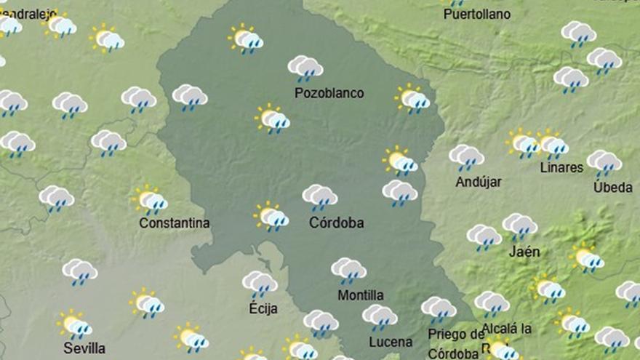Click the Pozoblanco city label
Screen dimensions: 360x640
point(329,93)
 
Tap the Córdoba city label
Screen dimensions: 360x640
point(336,223)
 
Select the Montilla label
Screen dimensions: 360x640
point(361,295)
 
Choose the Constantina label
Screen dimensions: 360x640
point(175,223)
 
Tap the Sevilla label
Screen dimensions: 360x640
point(84,348)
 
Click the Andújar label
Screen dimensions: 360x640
point(479,182)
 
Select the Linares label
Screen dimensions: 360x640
point(561,167)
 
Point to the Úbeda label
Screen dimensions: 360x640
point(612,187)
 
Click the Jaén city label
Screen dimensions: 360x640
point(524,252)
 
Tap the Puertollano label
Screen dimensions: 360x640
point(476,14)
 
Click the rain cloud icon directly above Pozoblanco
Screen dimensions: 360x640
point(305,68)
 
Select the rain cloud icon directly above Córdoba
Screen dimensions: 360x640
point(320,196)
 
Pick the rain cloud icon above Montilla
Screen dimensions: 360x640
point(349,271)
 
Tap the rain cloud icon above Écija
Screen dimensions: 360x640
point(260,284)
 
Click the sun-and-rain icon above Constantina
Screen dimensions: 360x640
point(150,200)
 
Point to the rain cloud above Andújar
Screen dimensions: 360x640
point(467,157)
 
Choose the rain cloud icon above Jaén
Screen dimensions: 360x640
point(520,225)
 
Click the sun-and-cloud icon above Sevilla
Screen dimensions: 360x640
point(74,324)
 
